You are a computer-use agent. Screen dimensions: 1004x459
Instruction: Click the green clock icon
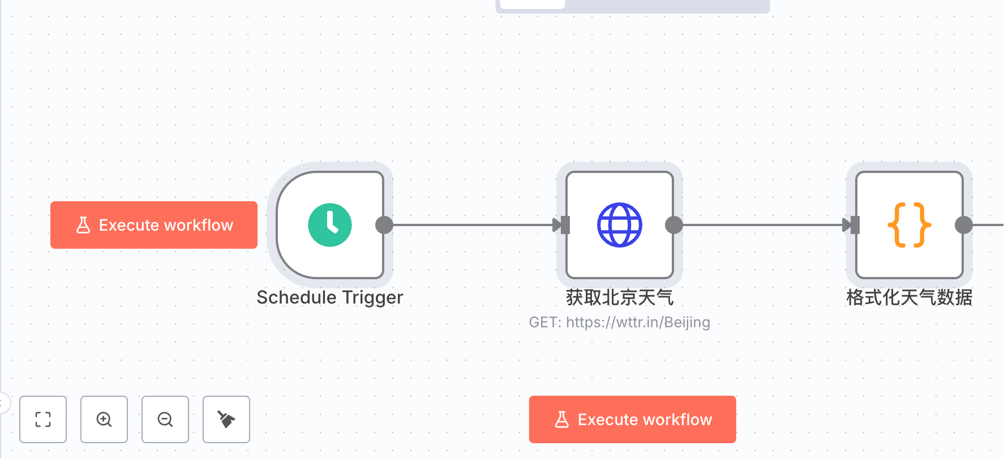330,225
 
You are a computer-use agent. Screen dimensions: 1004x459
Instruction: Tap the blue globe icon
620,225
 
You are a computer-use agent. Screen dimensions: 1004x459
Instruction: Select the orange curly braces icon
909,225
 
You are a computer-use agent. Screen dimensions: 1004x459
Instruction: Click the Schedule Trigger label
330,297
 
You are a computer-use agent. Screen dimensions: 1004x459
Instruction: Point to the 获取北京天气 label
620,297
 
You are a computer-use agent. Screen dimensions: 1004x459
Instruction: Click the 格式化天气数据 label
909,297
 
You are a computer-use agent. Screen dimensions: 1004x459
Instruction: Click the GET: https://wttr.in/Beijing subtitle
620,322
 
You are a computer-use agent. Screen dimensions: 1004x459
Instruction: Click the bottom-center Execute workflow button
633,419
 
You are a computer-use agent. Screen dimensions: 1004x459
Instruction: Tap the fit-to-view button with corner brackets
43,419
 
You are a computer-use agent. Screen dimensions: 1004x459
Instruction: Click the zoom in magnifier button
104,419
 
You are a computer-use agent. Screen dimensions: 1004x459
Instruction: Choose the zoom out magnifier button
165,419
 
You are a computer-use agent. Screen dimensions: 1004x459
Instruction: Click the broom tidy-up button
226,419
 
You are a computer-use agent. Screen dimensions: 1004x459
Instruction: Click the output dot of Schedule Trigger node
384,225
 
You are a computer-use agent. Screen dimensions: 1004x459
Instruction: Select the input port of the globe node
565,225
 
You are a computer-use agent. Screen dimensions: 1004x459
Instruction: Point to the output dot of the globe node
674,225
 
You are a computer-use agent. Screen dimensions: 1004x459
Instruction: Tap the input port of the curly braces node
855,225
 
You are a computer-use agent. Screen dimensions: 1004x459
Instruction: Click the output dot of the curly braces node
964,225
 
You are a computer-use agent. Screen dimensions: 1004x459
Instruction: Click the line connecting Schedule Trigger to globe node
473,225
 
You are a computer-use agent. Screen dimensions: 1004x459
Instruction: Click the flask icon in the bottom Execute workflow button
562,419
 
